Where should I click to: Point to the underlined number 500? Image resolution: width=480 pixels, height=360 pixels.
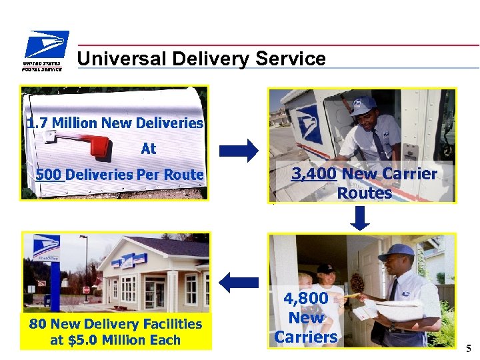[49, 175]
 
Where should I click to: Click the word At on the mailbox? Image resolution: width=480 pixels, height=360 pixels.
[148, 149]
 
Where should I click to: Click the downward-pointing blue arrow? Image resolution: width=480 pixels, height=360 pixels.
[360, 218]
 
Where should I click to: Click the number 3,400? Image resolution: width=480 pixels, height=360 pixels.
[314, 175]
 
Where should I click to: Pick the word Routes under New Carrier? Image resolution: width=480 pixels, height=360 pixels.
[364, 193]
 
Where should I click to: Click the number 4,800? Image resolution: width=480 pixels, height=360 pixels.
[305, 299]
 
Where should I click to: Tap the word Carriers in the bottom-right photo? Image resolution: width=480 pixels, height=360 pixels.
[305, 337]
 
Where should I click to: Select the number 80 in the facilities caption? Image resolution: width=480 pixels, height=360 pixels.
[37, 324]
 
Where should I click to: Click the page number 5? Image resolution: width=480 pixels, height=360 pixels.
[469, 347]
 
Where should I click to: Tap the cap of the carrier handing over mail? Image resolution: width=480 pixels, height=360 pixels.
[396, 251]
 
